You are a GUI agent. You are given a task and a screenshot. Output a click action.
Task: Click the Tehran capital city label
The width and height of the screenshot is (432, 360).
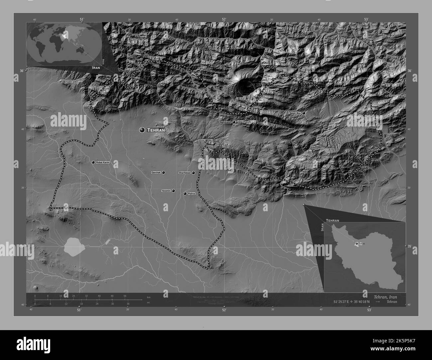(156, 130)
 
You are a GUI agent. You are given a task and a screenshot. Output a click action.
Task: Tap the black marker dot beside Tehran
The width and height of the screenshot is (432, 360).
(142, 130)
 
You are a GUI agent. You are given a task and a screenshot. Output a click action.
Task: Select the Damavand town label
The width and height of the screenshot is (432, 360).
(226, 122)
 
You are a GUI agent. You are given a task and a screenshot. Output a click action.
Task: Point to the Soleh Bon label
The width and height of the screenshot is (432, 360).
(295, 113)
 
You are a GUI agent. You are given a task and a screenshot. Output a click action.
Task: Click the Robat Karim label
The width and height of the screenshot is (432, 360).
(102, 162)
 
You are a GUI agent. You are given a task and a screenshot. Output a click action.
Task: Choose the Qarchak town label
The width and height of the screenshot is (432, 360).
(156, 173)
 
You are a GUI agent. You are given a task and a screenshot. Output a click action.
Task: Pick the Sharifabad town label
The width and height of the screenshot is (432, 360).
(184, 173)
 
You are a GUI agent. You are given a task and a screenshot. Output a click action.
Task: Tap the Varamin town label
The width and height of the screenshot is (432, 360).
(166, 191)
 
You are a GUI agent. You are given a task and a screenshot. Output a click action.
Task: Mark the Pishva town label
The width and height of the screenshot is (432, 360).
(191, 193)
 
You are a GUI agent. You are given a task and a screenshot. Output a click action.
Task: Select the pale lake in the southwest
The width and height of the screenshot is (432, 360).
(75, 247)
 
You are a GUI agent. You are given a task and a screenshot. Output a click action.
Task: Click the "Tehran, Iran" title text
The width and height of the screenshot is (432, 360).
(385, 297)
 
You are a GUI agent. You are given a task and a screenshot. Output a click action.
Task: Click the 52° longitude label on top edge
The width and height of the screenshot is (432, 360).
(224, 19)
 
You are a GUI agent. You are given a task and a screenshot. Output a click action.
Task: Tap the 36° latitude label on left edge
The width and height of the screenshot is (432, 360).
(22, 71)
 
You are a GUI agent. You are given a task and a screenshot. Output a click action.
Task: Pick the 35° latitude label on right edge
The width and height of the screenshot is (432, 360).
(410, 246)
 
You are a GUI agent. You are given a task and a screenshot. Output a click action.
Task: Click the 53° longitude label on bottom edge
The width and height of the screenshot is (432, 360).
(369, 310)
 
